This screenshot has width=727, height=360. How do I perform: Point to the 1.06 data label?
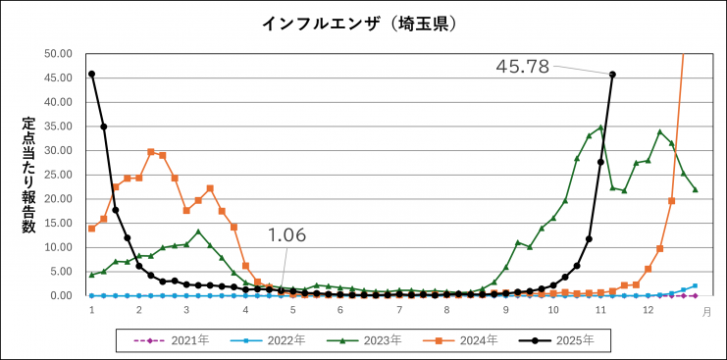[x=287, y=235]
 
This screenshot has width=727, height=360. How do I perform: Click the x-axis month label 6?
[x=339, y=310]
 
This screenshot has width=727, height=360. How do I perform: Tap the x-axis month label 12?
[x=648, y=310]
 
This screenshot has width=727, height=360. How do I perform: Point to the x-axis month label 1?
[x=91, y=310]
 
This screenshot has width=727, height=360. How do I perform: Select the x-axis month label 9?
[x=506, y=310]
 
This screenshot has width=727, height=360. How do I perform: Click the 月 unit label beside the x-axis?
[x=706, y=311]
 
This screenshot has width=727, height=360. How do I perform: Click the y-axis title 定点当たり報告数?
[x=29, y=176]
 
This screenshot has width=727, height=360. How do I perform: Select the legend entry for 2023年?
[x=363, y=340]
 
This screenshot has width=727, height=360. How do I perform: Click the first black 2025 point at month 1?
[x=91, y=74]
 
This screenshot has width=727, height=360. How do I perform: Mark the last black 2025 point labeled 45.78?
[x=612, y=74]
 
